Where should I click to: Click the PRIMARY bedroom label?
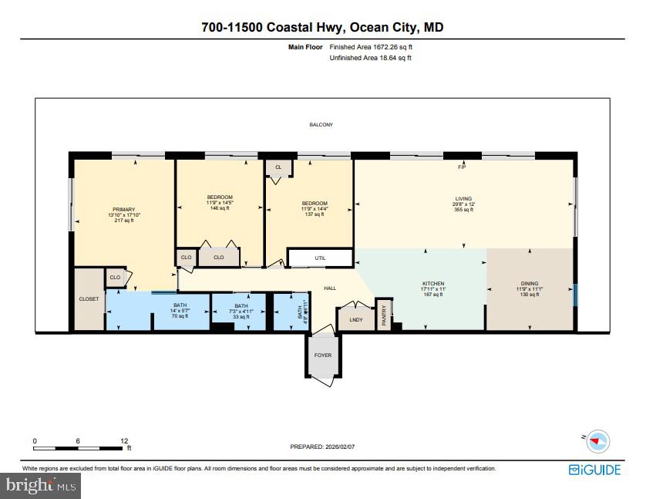click(x=123, y=210)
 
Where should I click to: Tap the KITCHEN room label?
click(x=432, y=283)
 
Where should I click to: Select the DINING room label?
click(x=529, y=283)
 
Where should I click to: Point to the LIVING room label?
click(x=463, y=199)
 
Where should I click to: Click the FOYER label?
click(x=321, y=356)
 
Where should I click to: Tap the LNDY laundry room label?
click(x=356, y=319)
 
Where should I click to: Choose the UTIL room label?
click(x=320, y=258)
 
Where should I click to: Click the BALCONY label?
click(x=321, y=124)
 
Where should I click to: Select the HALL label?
click(x=330, y=288)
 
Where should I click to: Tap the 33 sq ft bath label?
click(x=241, y=317)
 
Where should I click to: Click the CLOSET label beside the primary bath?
click(x=89, y=298)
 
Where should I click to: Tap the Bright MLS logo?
click(x=42, y=485)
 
